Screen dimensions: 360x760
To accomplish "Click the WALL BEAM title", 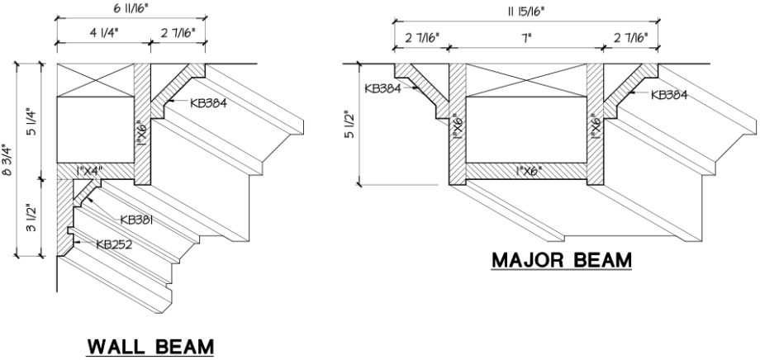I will (x=150, y=346).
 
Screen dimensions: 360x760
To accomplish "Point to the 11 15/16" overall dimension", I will (x=526, y=11).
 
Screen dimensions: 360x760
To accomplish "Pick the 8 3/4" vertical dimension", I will (x=9, y=159).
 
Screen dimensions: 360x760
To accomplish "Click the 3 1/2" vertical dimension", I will (x=31, y=216).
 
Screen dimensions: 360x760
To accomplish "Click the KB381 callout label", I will (x=140, y=220).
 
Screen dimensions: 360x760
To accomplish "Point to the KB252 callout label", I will (x=116, y=244).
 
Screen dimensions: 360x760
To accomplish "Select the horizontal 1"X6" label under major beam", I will (x=525, y=171).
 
